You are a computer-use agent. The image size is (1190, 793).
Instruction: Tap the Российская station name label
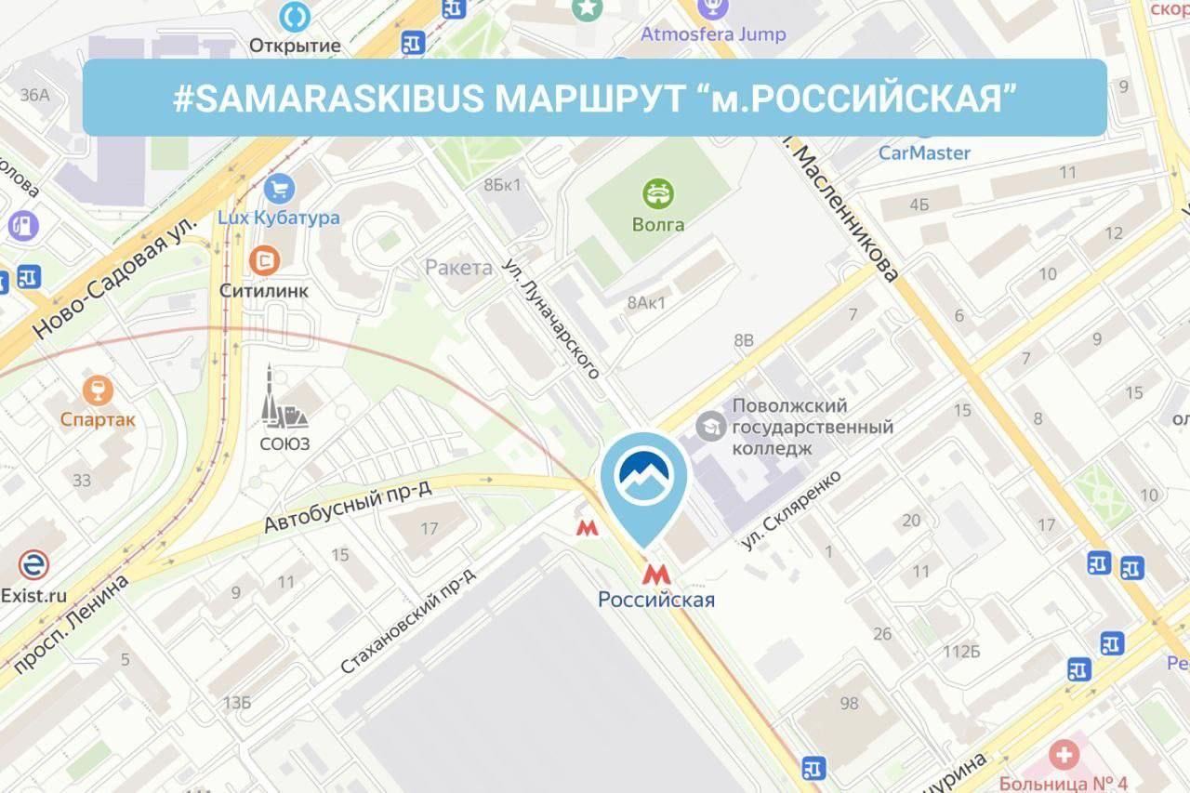(x=656, y=600)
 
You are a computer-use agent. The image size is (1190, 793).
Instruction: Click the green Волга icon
(x=658, y=193)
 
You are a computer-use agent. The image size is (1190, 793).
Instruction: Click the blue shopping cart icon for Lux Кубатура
(x=278, y=190)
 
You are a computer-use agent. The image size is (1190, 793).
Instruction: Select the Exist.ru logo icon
(x=33, y=564)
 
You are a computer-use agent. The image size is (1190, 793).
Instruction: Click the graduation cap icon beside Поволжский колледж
(x=711, y=426)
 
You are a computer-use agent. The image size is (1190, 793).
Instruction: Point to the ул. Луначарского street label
(x=552, y=317)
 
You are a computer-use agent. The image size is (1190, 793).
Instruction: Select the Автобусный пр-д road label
(x=349, y=507)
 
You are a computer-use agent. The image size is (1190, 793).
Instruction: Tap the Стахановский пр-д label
(x=408, y=620)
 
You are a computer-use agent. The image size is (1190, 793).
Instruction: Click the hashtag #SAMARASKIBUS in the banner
(x=328, y=98)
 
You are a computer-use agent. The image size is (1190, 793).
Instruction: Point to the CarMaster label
(x=924, y=152)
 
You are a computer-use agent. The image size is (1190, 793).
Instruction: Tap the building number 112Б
(x=961, y=651)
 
